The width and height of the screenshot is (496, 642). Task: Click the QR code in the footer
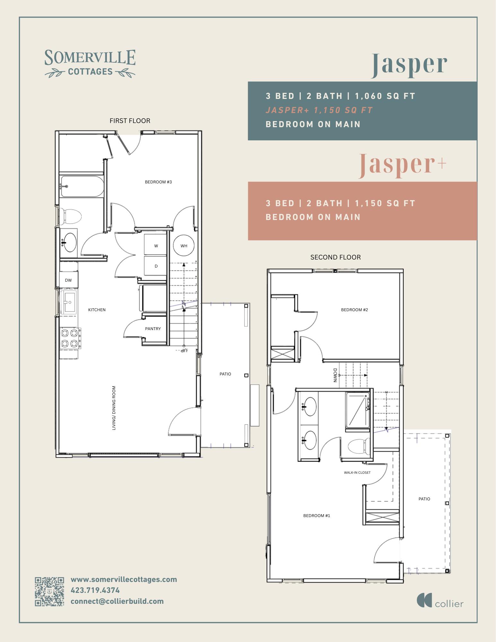49,592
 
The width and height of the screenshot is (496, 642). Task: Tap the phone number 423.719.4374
95,590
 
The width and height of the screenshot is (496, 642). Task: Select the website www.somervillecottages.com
124,579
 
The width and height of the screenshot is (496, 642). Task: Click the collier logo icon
424,600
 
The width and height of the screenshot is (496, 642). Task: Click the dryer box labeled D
156,266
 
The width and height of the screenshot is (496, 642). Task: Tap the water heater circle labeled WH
184,246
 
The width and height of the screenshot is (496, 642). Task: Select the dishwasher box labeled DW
68,280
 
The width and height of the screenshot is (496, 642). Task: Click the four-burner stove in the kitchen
70,338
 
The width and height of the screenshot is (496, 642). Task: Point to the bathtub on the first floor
82,186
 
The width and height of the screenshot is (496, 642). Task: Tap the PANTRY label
153,329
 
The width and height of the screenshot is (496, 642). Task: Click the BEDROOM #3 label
158,182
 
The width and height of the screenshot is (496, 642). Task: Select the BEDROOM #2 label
354,310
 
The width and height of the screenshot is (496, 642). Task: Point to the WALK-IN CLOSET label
357,472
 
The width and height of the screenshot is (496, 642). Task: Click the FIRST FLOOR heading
130,121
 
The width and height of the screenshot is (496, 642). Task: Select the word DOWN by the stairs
335,375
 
